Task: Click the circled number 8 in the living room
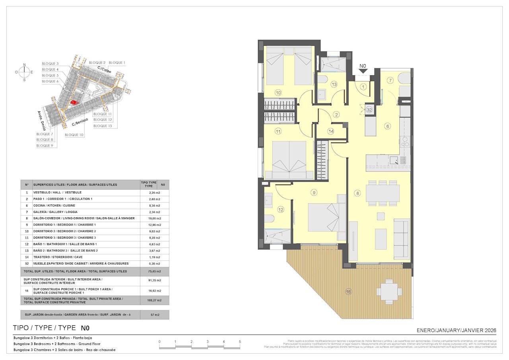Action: pyautogui.click(x=357, y=193)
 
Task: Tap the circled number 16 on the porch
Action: pyautogui.click(x=348, y=292)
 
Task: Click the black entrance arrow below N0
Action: pyautogui.click(x=363, y=72)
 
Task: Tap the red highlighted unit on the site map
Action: pyautogui.click(x=74, y=102)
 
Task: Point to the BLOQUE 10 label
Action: pyautogui.click(x=74, y=135)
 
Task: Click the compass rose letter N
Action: pyautogui.click(x=24, y=65)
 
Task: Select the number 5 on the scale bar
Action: pyautogui.click(x=240, y=342)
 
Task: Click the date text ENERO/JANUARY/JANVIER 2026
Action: pyautogui.click(x=456, y=330)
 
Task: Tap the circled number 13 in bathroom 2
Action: pyautogui.click(x=334, y=84)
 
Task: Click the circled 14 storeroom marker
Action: pyautogui.click(x=331, y=131)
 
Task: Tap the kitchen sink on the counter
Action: pyautogui.click(x=395, y=160)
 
